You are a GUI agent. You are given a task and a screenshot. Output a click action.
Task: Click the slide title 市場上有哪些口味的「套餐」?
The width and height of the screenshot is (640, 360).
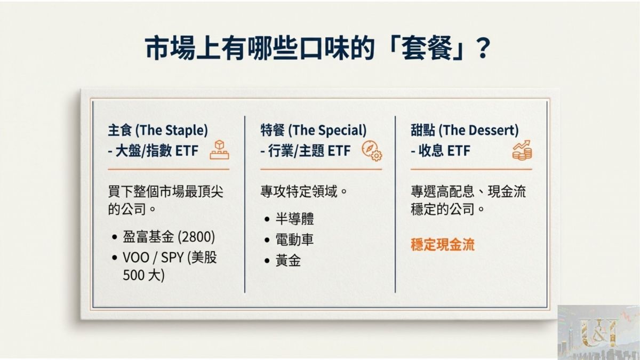click(318, 48)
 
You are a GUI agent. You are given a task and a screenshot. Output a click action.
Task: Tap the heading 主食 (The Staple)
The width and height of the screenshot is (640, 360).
click(158, 130)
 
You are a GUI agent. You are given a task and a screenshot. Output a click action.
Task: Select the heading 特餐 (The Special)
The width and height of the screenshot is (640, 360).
click(314, 130)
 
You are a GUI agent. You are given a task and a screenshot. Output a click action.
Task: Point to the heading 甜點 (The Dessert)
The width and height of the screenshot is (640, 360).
click(465, 130)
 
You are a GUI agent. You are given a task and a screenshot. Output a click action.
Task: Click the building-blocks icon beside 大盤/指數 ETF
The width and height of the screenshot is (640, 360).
click(219, 150)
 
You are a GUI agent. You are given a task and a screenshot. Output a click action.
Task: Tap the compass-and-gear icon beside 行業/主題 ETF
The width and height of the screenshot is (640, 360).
click(372, 150)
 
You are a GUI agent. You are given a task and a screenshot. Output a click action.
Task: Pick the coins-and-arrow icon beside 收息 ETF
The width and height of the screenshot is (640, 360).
click(522, 150)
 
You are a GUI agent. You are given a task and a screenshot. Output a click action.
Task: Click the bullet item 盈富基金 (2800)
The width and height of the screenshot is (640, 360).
click(169, 237)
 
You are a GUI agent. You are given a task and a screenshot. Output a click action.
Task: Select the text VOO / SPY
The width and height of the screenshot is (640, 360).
click(153, 258)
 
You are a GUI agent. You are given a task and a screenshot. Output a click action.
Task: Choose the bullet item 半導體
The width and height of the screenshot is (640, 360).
click(294, 219)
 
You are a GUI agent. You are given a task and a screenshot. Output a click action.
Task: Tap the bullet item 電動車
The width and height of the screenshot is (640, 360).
click(294, 239)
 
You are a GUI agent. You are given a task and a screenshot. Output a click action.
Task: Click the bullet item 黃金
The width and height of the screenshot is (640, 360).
click(288, 260)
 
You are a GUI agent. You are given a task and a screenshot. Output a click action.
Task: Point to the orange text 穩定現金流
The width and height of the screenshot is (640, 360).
click(443, 245)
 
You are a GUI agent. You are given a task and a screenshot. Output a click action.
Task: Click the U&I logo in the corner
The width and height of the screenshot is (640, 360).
click(598, 332)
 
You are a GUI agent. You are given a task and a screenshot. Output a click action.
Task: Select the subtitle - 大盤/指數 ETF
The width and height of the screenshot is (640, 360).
click(153, 150)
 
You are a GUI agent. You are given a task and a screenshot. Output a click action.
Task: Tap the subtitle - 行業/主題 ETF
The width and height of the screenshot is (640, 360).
click(306, 150)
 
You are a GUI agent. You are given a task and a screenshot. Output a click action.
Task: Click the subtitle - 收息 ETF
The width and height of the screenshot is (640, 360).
click(441, 150)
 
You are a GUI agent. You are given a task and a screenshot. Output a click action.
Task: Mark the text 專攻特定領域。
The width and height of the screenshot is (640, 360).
click(305, 191)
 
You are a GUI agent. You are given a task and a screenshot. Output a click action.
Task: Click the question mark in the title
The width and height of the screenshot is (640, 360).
click(483, 48)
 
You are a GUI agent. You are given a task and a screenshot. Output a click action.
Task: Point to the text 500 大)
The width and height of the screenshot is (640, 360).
click(143, 275)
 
